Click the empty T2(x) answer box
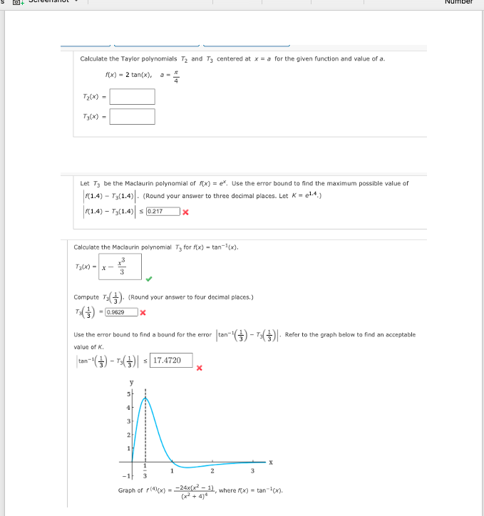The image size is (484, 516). (x=132, y=96)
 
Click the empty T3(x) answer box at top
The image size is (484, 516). (x=132, y=116)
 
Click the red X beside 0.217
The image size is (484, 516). (x=185, y=211)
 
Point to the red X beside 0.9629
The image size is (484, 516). (x=143, y=312)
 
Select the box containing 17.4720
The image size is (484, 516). (x=172, y=361)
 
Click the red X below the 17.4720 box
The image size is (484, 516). (x=200, y=368)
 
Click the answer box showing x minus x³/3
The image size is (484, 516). (x=120, y=267)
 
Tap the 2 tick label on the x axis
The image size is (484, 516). (x=212, y=469)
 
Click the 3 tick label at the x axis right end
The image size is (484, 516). (x=252, y=469)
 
